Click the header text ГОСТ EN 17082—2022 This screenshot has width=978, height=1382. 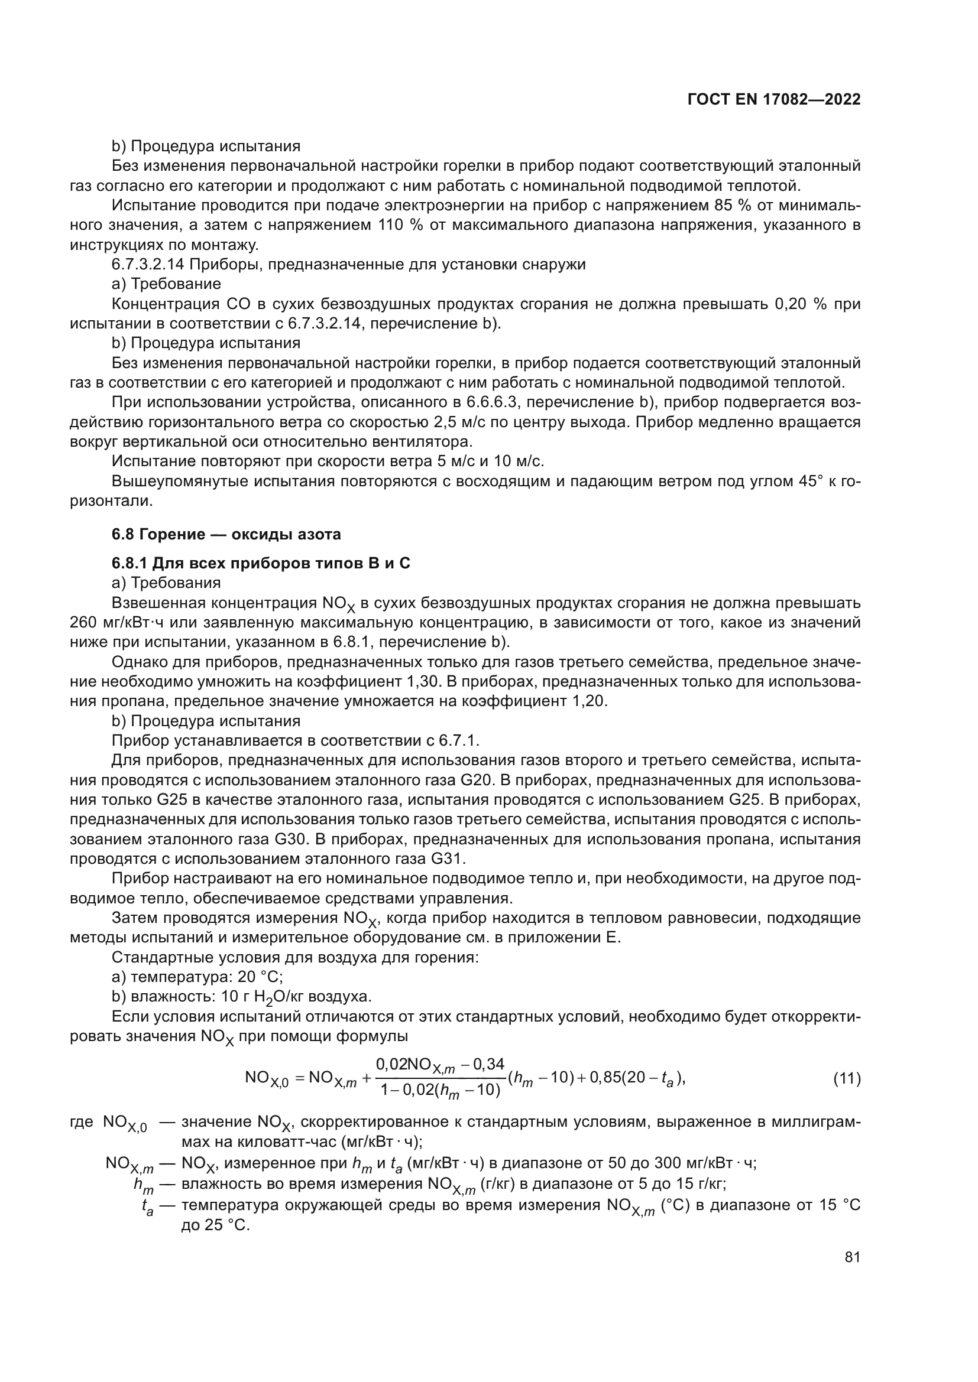pos(774,100)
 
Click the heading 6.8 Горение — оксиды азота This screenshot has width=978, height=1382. pos(226,534)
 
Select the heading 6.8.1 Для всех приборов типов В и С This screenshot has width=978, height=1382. pos(261,564)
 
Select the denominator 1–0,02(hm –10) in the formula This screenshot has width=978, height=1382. pos(441,1090)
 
